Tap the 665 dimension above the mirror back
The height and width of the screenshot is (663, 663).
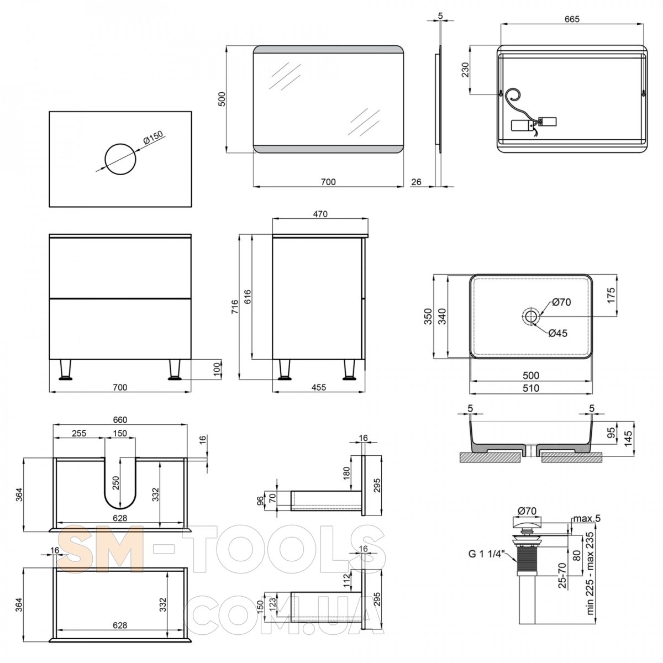[x=572, y=19]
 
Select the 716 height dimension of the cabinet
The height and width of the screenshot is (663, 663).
[x=234, y=307]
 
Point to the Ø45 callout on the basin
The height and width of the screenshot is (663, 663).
[x=557, y=333]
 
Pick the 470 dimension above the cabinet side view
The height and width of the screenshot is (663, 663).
[x=320, y=214]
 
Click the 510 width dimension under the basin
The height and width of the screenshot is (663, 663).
[x=531, y=388]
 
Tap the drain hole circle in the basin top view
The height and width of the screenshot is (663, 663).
[x=530, y=316]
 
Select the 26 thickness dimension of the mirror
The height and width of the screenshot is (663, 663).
[x=417, y=182]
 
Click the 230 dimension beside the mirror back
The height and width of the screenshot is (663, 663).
[x=465, y=70]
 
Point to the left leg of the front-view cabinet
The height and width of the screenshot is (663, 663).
[x=65, y=370]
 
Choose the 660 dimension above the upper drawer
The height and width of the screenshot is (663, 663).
[x=120, y=420]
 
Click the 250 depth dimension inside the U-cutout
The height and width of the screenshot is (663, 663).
[x=115, y=483]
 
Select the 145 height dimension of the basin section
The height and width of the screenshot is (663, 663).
[x=628, y=438]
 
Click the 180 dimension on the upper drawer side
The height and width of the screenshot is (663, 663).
[x=346, y=473]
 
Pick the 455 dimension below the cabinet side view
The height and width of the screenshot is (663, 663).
[x=319, y=387]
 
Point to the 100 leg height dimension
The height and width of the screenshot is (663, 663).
[x=217, y=370]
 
